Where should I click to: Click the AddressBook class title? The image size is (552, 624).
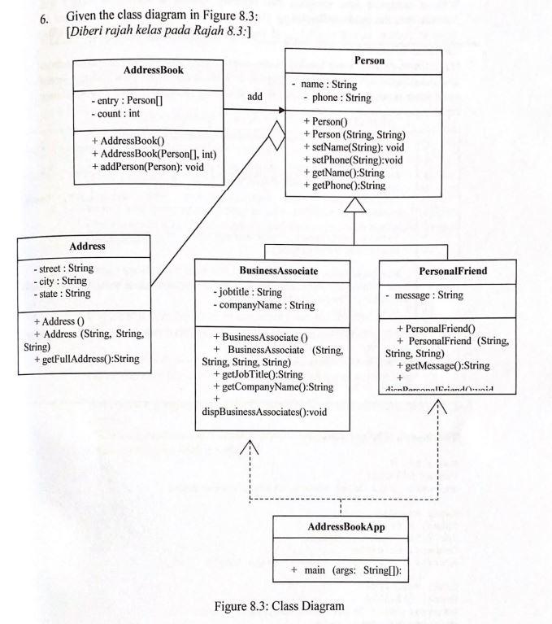coord(153,71)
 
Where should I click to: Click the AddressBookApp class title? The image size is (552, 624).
coord(346,527)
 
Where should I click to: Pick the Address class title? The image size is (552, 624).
coord(85,244)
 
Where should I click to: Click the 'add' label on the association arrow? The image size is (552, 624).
coord(254,96)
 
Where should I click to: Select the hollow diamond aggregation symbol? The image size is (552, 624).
coord(277,133)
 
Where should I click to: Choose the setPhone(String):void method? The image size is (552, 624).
coord(354,159)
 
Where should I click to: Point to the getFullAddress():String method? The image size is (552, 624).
coord(87,359)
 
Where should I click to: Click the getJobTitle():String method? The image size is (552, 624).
coord(256,374)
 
